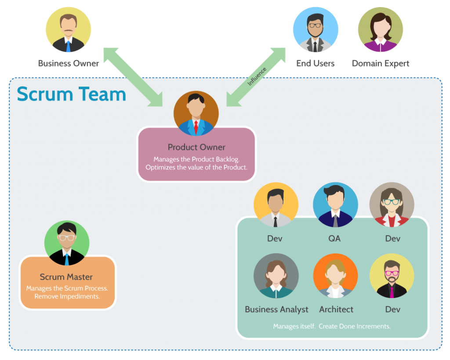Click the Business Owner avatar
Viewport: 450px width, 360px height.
pyautogui.click(x=68, y=30)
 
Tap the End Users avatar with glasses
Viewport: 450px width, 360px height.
pyautogui.click(x=315, y=29)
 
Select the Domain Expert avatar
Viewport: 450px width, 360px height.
pyautogui.click(x=380, y=29)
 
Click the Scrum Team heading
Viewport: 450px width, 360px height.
pyautogui.click(x=71, y=95)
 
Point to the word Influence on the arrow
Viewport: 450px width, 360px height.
pyautogui.click(x=257, y=76)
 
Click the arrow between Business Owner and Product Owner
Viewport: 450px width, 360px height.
pyautogui.click(x=133, y=77)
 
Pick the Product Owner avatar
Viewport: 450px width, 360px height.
pyautogui.click(x=196, y=113)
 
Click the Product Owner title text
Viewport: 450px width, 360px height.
pyautogui.click(x=196, y=147)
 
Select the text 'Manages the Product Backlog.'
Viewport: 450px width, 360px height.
pyautogui.click(x=196, y=159)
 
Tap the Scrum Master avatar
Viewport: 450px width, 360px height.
pyautogui.click(x=67, y=243)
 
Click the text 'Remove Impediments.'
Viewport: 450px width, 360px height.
pyautogui.click(x=67, y=296)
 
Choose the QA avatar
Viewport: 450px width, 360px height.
pyautogui.click(x=335, y=205)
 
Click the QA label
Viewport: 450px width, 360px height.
pyautogui.click(x=334, y=239)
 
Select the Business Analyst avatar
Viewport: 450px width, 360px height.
pyautogui.click(x=276, y=276)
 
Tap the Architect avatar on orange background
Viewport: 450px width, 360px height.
pyautogui.click(x=335, y=276)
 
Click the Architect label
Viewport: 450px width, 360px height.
pyautogui.click(x=336, y=309)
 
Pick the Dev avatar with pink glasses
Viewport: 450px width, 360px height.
pyautogui.click(x=392, y=276)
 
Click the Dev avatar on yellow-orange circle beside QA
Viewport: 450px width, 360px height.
pyautogui.click(x=276, y=205)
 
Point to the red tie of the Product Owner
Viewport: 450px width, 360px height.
pyautogui.click(x=196, y=127)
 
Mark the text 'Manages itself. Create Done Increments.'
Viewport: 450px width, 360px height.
pyautogui.click(x=332, y=326)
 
